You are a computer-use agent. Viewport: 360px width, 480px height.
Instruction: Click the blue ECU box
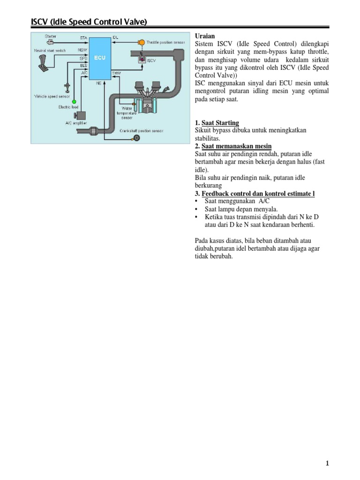(x=99, y=59)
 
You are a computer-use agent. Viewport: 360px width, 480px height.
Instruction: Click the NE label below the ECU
(x=99, y=83)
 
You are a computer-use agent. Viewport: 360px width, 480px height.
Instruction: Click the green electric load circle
(x=74, y=101)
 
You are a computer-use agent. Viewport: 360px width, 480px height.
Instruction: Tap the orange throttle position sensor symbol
(x=141, y=42)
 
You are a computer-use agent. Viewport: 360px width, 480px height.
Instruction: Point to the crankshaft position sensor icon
(x=137, y=137)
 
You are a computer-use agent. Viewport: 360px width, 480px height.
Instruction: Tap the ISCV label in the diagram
(x=151, y=60)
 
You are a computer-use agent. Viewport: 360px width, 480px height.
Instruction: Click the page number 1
(x=328, y=464)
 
